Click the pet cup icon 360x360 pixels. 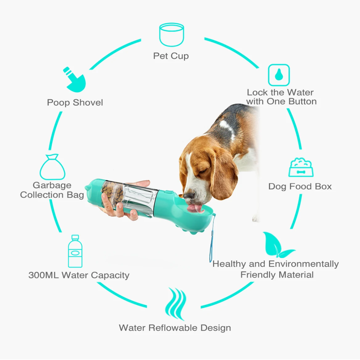click(172, 34)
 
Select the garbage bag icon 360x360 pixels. click(53, 167)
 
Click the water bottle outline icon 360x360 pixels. click(75, 251)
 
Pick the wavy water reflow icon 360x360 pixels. click(175, 304)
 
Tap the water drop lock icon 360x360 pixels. click(279, 75)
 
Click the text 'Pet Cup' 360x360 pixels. click(171, 56)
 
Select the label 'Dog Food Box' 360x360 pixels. click(300, 186)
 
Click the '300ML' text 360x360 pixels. click(43, 275)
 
